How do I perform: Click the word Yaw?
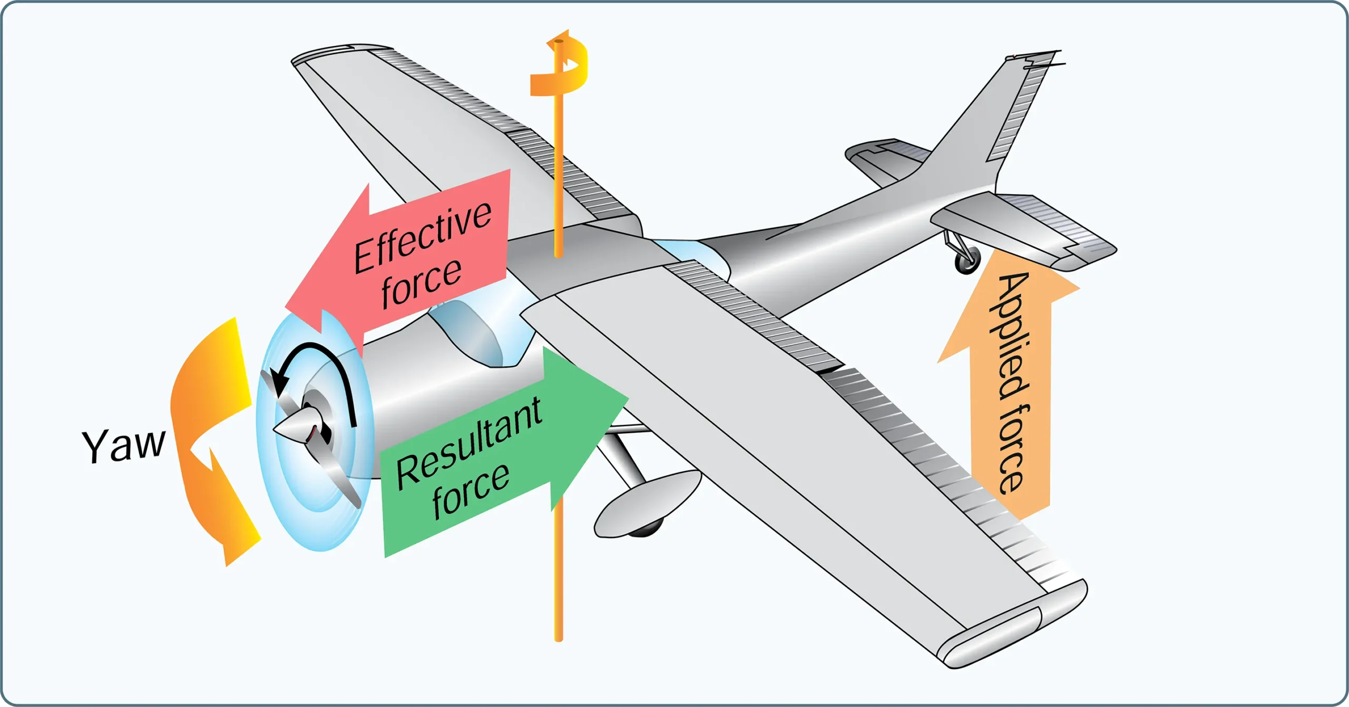pos(124,445)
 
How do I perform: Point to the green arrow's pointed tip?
pos(628,396)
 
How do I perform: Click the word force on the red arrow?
pos(422,284)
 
